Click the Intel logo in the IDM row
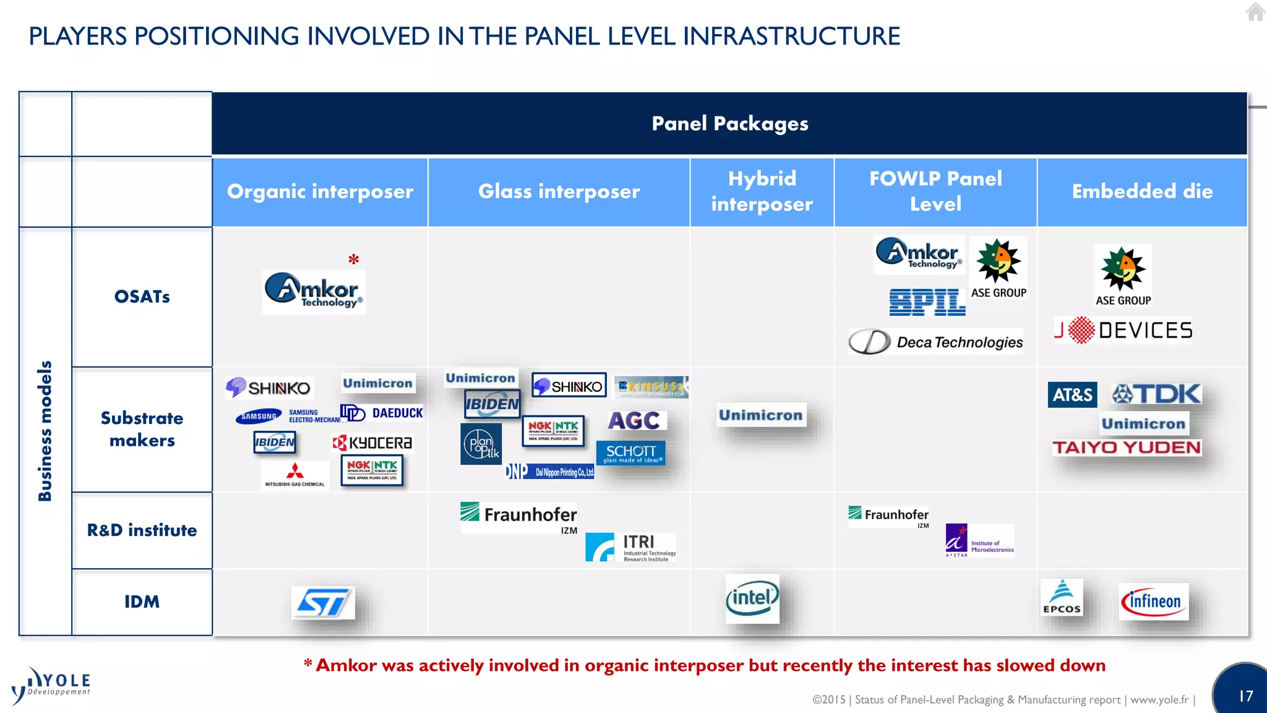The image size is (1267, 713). coord(752,598)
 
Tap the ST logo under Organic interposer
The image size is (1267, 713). coord(323,602)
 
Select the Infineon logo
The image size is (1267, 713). coord(1154,601)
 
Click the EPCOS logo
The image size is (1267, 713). coord(1062,597)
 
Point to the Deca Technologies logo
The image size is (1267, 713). coord(935,342)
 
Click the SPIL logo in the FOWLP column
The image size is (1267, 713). coord(927,302)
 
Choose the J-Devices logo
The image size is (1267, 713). coord(1123,330)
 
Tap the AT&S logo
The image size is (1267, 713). coord(1072,395)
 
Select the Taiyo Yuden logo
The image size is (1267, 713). coord(1127,447)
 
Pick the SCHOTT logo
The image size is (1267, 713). coord(630,452)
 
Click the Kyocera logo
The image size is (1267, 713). coord(372,443)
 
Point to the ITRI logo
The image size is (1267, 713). coord(630,547)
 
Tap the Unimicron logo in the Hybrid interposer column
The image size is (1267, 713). coord(761,415)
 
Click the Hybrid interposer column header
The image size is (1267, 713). coord(762,191)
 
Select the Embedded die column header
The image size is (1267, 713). coord(1142,191)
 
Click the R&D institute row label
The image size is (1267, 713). coord(142,530)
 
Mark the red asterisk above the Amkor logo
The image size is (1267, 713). coord(353,259)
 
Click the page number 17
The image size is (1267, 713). coord(1245,696)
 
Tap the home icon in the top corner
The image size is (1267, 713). coord(1255,12)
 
